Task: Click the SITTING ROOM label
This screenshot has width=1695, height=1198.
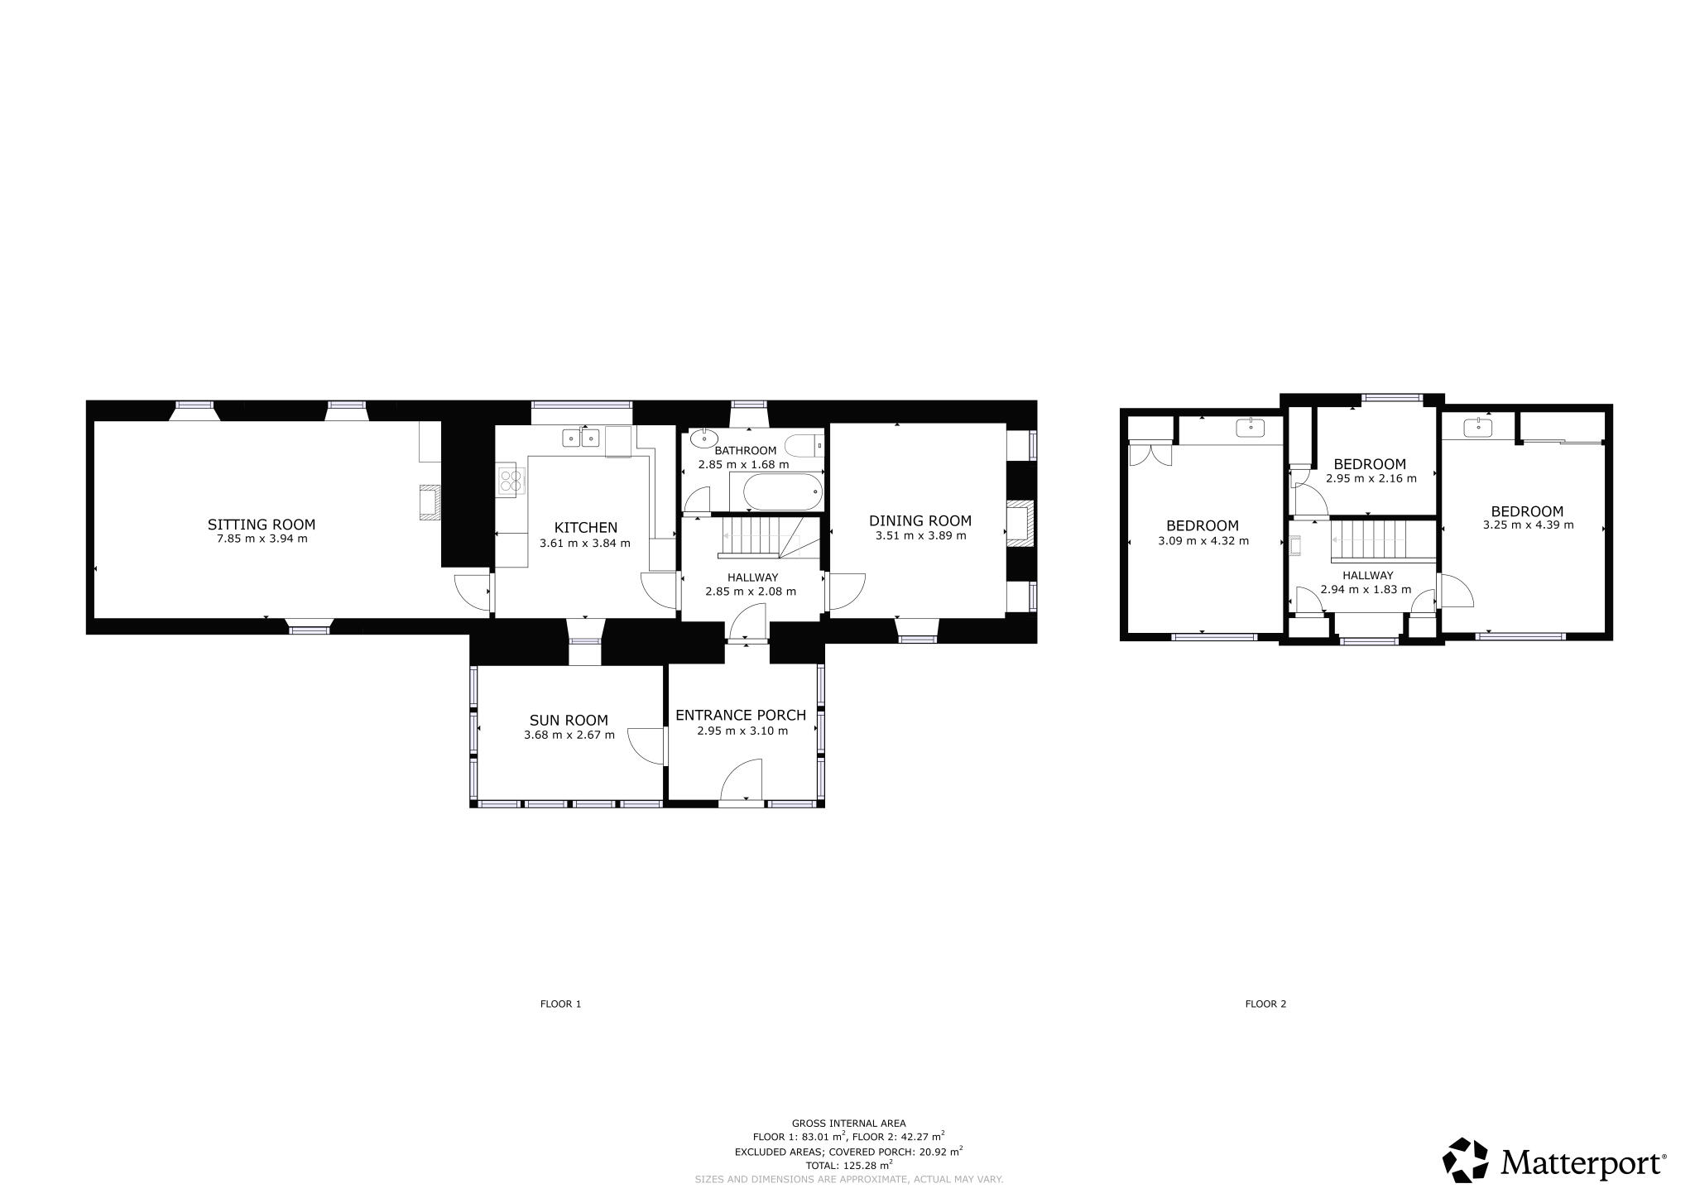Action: (x=262, y=525)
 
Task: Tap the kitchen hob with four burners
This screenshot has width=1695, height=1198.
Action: (x=511, y=482)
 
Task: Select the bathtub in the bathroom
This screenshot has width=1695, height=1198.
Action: (x=784, y=492)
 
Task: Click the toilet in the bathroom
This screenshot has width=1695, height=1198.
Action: (x=803, y=445)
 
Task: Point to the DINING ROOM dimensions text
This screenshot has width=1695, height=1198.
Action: (x=920, y=535)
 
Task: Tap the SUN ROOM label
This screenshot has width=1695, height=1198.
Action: (x=569, y=721)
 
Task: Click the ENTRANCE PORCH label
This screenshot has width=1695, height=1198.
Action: (x=741, y=716)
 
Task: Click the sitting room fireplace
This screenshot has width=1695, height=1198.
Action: (x=430, y=502)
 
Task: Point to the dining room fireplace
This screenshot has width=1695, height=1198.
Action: (x=1020, y=523)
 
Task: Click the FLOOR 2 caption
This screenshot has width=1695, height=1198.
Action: (x=1265, y=1004)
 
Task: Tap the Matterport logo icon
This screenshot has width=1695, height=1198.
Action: (x=1467, y=1160)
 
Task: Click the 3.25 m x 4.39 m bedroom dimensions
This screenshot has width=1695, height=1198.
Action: (x=1528, y=525)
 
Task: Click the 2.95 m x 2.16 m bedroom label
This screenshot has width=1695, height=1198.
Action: (x=1370, y=464)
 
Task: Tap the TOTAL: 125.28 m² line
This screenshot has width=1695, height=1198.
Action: (x=848, y=1165)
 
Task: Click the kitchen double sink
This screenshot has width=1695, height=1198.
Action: (x=580, y=438)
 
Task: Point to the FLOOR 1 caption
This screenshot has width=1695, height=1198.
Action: (x=560, y=1004)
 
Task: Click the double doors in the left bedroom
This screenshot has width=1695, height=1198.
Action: (x=1150, y=455)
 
